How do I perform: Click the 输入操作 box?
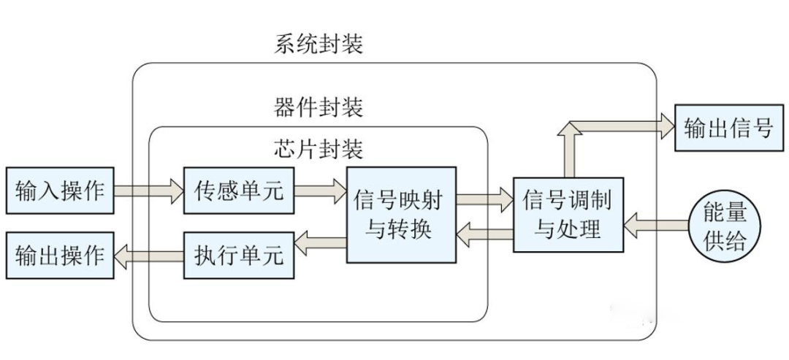59,192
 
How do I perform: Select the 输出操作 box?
59,256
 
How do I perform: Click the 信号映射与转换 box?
401,215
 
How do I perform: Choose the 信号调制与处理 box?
568,215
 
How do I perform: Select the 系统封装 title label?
319,45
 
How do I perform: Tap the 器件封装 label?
319,109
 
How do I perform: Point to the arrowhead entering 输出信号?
665,126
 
